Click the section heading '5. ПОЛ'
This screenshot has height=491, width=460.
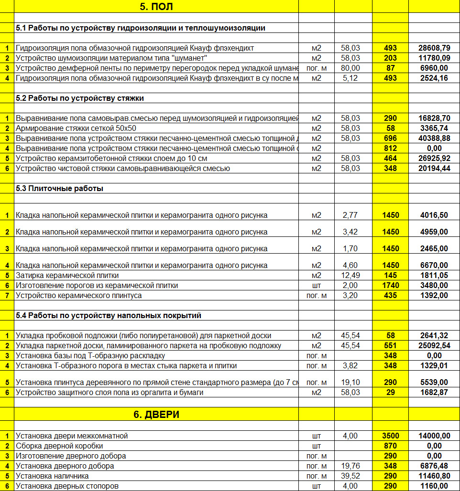point(156,7)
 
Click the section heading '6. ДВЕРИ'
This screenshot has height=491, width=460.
point(156,415)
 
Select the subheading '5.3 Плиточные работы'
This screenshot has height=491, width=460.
point(59,189)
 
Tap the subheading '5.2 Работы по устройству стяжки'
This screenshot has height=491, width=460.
point(79,98)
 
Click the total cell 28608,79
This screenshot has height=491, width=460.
point(434,48)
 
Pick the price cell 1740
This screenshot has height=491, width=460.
point(390,286)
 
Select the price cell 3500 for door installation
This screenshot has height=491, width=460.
point(390,436)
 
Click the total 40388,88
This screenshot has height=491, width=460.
point(434,139)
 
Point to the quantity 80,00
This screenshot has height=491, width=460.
point(350,68)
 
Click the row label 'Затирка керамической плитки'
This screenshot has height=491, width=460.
point(67,276)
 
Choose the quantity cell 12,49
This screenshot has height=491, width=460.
point(350,276)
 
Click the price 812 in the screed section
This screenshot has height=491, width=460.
point(390,149)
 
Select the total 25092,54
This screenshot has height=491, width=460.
point(434,346)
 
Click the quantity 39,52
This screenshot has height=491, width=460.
point(350,476)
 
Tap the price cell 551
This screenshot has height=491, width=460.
point(390,346)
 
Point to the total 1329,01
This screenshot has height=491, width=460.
point(434,366)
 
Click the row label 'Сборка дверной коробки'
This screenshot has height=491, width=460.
point(59,446)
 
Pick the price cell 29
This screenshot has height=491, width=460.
point(390,393)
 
